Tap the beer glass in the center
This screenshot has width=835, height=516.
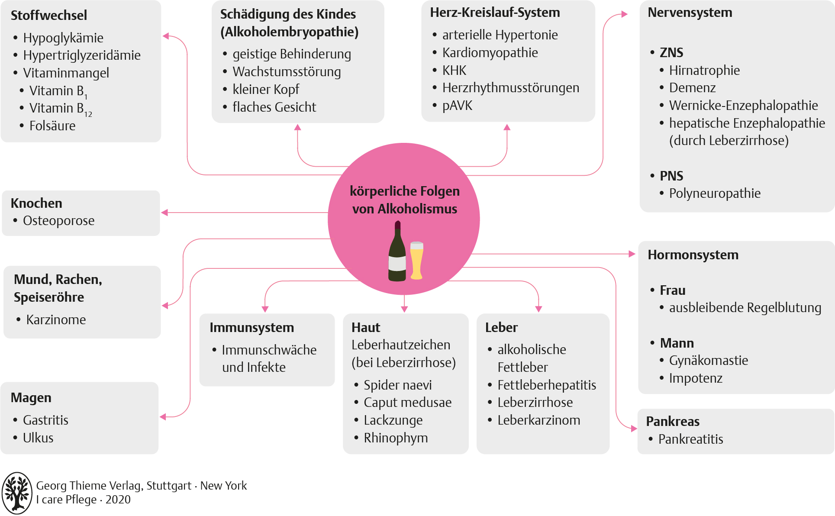416,260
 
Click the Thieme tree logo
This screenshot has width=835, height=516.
17,493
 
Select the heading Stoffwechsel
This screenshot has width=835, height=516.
49,16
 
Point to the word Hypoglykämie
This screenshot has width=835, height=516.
63,38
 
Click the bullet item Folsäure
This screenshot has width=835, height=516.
52,126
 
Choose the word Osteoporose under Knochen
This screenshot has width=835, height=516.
59,221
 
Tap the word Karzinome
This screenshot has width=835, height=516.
56,320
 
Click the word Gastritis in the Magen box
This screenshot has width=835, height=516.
46,420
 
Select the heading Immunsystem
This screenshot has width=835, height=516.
251,328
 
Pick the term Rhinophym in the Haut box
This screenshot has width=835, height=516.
396,438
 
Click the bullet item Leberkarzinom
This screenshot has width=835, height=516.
538,420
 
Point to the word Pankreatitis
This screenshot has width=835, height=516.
690,439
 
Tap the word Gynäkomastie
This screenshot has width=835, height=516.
709,361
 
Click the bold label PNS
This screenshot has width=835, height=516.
671,176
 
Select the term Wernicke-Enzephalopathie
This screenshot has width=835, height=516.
743,106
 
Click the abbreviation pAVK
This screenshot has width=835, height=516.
457,106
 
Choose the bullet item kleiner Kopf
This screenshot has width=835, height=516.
266,90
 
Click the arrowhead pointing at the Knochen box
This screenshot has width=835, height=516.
164,213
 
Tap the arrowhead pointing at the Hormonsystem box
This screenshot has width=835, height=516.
632,254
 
